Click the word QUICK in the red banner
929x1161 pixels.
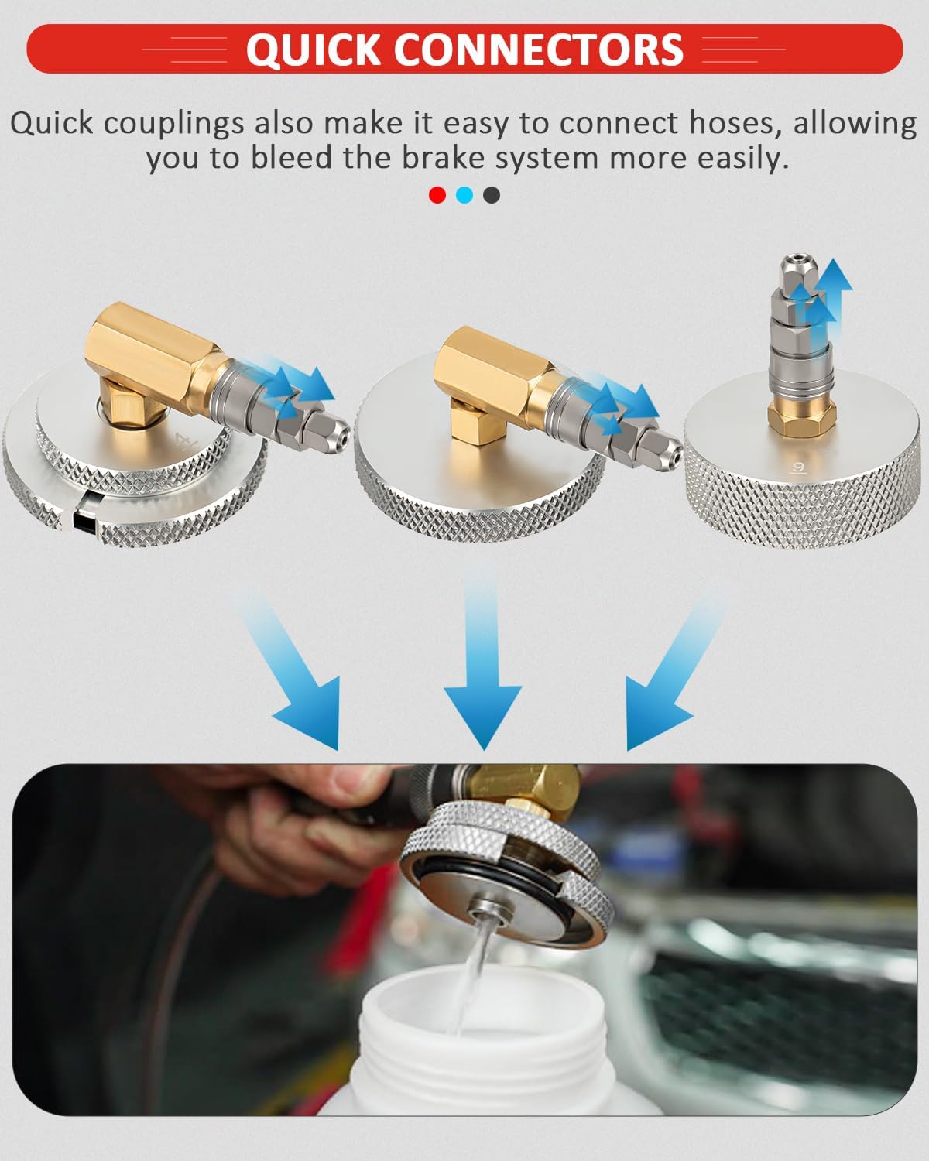point(313,50)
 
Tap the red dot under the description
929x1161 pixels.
point(437,195)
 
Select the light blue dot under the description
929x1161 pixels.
point(464,195)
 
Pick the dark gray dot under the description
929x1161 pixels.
point(492,195)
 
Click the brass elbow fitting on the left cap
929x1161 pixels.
point(147,356)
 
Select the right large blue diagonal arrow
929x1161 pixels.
point(666,681)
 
